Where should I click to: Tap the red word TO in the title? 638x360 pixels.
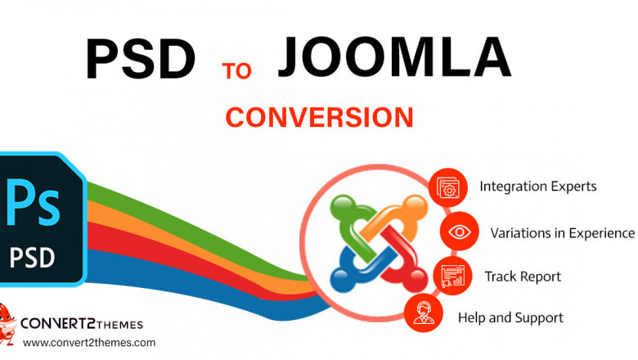click(x=237, y=70)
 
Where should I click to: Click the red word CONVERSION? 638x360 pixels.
click(x=319, y=117)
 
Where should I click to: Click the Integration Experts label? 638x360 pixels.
click(x=537, y=187)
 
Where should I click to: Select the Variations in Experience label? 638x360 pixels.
click(x=562, y=232)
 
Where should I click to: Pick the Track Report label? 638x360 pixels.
click(x=522, y=277)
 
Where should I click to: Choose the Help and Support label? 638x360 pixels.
click(x=510, y=317)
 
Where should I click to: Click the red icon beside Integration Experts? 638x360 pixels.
click(x=448, y=187)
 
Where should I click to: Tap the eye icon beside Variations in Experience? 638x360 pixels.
click(x=460, y=232)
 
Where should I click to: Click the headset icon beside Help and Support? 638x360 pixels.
click(x=423, y=315)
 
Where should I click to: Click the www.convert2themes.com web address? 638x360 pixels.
click(x=89, y=343)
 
